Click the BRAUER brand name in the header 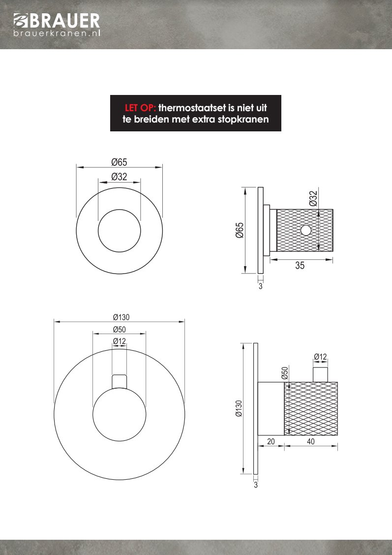click(64, 20)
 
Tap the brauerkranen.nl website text click(57, 33)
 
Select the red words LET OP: click(140, 108)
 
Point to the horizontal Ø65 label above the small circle click(119, 162)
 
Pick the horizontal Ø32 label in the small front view click(119, 177)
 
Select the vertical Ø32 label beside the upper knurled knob click(313, 198)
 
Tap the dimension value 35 click(300, 266)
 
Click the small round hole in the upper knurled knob click(306, 230)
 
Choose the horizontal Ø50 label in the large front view click(120, 330)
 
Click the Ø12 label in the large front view click(120, 341)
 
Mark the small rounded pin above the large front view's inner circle click(120, 381)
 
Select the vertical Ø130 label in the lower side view click(239, 408)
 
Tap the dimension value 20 click(271, 442)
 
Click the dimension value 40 click(311, 442)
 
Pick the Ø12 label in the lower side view click(320, 357)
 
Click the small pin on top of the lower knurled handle click(320, 374)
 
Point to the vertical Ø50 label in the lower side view click(284, 373)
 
